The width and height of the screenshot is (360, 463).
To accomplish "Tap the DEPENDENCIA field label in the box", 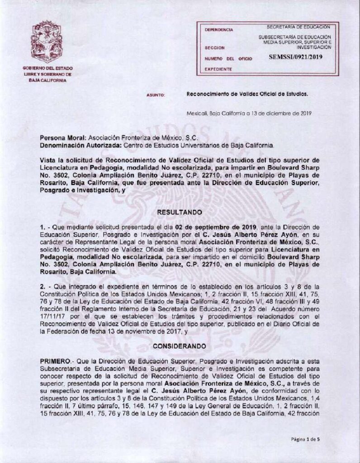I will pyautogui.click(x=219, y=30).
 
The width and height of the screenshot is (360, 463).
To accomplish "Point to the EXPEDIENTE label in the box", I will pyautogui.click(x=219, y=69).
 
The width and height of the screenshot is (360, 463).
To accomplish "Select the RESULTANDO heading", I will pyautogui.click(x=180, y=211).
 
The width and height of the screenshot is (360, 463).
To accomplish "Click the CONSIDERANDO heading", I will pyautogui.click(x=180, y=345).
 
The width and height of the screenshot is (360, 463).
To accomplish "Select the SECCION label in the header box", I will pyautogui.click(x=214, y=47).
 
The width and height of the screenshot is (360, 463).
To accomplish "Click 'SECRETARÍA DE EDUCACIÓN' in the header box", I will pyautogui.click(x=299, y=27).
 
